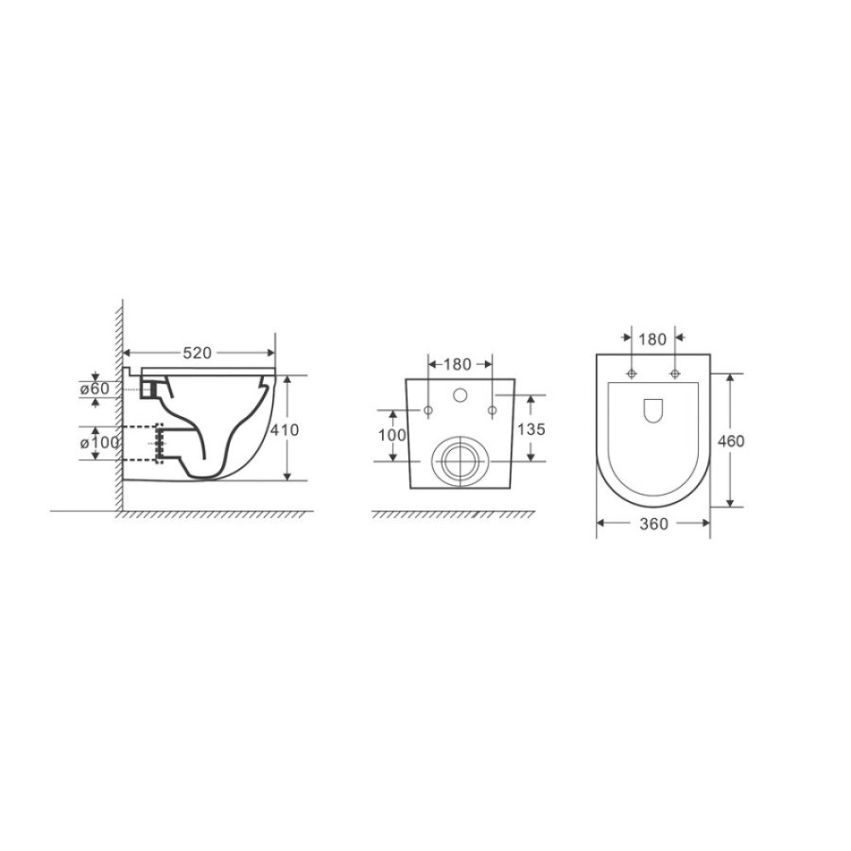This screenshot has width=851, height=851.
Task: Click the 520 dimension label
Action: (197, 354)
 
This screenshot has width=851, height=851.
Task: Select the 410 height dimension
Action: (285, 430)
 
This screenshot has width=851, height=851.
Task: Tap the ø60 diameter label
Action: (95, 389)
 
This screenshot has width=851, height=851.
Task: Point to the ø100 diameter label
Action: (99, 443)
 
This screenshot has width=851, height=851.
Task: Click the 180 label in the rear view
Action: (458, 365)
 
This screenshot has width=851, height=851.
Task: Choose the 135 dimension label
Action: (530, 429)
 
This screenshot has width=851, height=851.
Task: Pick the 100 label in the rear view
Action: (391, 435)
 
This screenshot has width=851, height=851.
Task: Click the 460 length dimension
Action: (731, 442)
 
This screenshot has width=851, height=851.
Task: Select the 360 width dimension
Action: (653, 524)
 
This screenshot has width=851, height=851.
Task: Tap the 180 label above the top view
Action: (652, 339)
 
